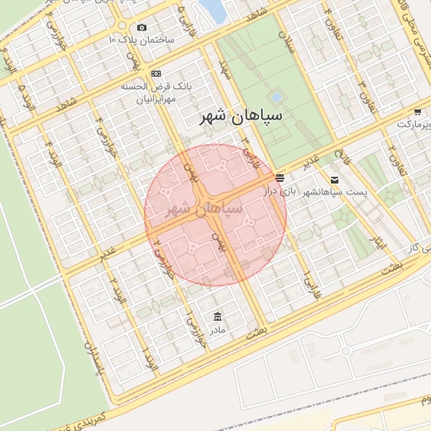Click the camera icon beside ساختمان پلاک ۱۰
[141, 28]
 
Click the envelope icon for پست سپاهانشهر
[335, 179]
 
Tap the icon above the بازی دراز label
[279, 178]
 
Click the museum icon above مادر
[219, 317]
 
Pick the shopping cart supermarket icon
[418, 112]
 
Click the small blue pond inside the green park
[276, 97]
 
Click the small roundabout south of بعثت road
[344, 350]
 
